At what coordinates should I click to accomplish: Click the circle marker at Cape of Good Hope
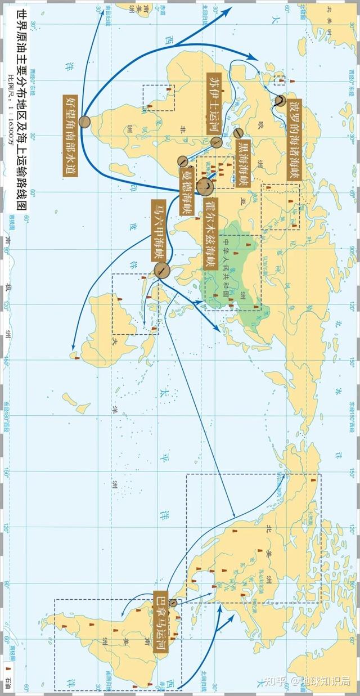(x=85, y=121)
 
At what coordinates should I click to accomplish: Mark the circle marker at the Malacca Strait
(x=161, y=271)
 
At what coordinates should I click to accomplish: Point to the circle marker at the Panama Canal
(x=173, y=603)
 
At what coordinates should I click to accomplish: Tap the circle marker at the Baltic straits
(x=280, y=101)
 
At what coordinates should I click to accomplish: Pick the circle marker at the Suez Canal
(x=217, y=143)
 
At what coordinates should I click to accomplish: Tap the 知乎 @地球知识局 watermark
(x=309, y=681)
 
